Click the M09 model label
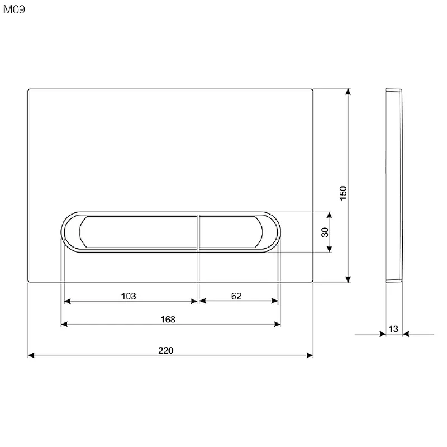(x=15, y=9)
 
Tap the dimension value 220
(x=165, y=350)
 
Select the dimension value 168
(x=168, y=319)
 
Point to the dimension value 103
(x=129, y=296)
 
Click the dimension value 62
(x=236, y=296)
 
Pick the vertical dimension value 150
(x=343, y=193)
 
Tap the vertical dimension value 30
(x=325, y=232)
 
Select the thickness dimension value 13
(x=393, y=329)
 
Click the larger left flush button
(x=138, y=232)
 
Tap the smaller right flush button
(x=231, y=232)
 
